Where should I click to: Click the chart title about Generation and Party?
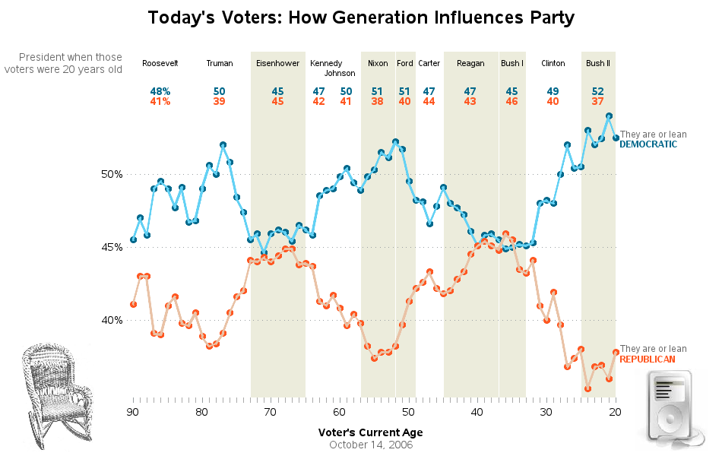pos(360,17)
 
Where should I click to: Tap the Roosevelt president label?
pos(160,63)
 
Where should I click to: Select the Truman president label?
pos(220,63)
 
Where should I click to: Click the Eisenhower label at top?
pos(277,63)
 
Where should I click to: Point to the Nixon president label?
pos(378,63)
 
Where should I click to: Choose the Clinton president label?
pos(553,63)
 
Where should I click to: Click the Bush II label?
pos(598,63)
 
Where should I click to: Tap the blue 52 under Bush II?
pos(598,91)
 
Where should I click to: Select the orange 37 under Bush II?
pos(598,101)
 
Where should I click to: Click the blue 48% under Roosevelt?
pos(160,91)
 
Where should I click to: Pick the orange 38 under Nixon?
pos(378,101)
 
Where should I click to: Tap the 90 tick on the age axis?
pos(133,413)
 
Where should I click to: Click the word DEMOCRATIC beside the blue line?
pos(648,144)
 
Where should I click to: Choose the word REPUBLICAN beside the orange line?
pos(648,359)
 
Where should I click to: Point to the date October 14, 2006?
pos(370,445)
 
